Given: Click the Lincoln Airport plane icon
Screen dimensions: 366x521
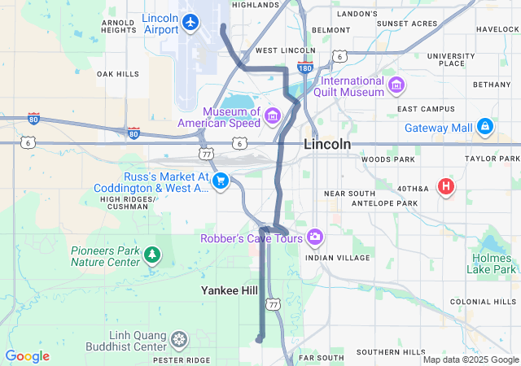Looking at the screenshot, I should click(x=190, y=21).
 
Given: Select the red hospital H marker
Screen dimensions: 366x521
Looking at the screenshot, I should click(x=445, y=186).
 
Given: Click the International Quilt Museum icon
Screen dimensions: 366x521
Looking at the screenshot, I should click(x=396, y=85).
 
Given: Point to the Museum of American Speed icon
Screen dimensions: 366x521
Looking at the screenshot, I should click(x=272, y=117).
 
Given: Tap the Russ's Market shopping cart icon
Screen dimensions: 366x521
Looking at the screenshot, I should click(x=220, y=181).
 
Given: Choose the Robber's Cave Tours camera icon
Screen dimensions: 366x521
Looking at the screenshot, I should click(x=314, y=237).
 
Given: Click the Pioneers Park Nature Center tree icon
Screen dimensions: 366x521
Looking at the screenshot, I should click(x=151, y=256).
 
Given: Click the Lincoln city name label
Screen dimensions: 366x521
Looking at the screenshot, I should click(x=327, y=144).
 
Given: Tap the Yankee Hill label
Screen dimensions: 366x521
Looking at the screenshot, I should click(x=230, y=290).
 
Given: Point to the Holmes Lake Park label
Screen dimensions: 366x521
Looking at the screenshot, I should click(x=493, y=264).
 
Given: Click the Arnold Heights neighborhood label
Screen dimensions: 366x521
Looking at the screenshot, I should click(x=118, y=26).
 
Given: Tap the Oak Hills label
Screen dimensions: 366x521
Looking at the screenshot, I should click(x=118, y=74).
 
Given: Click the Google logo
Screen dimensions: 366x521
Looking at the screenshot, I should click(x=27, y=356).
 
